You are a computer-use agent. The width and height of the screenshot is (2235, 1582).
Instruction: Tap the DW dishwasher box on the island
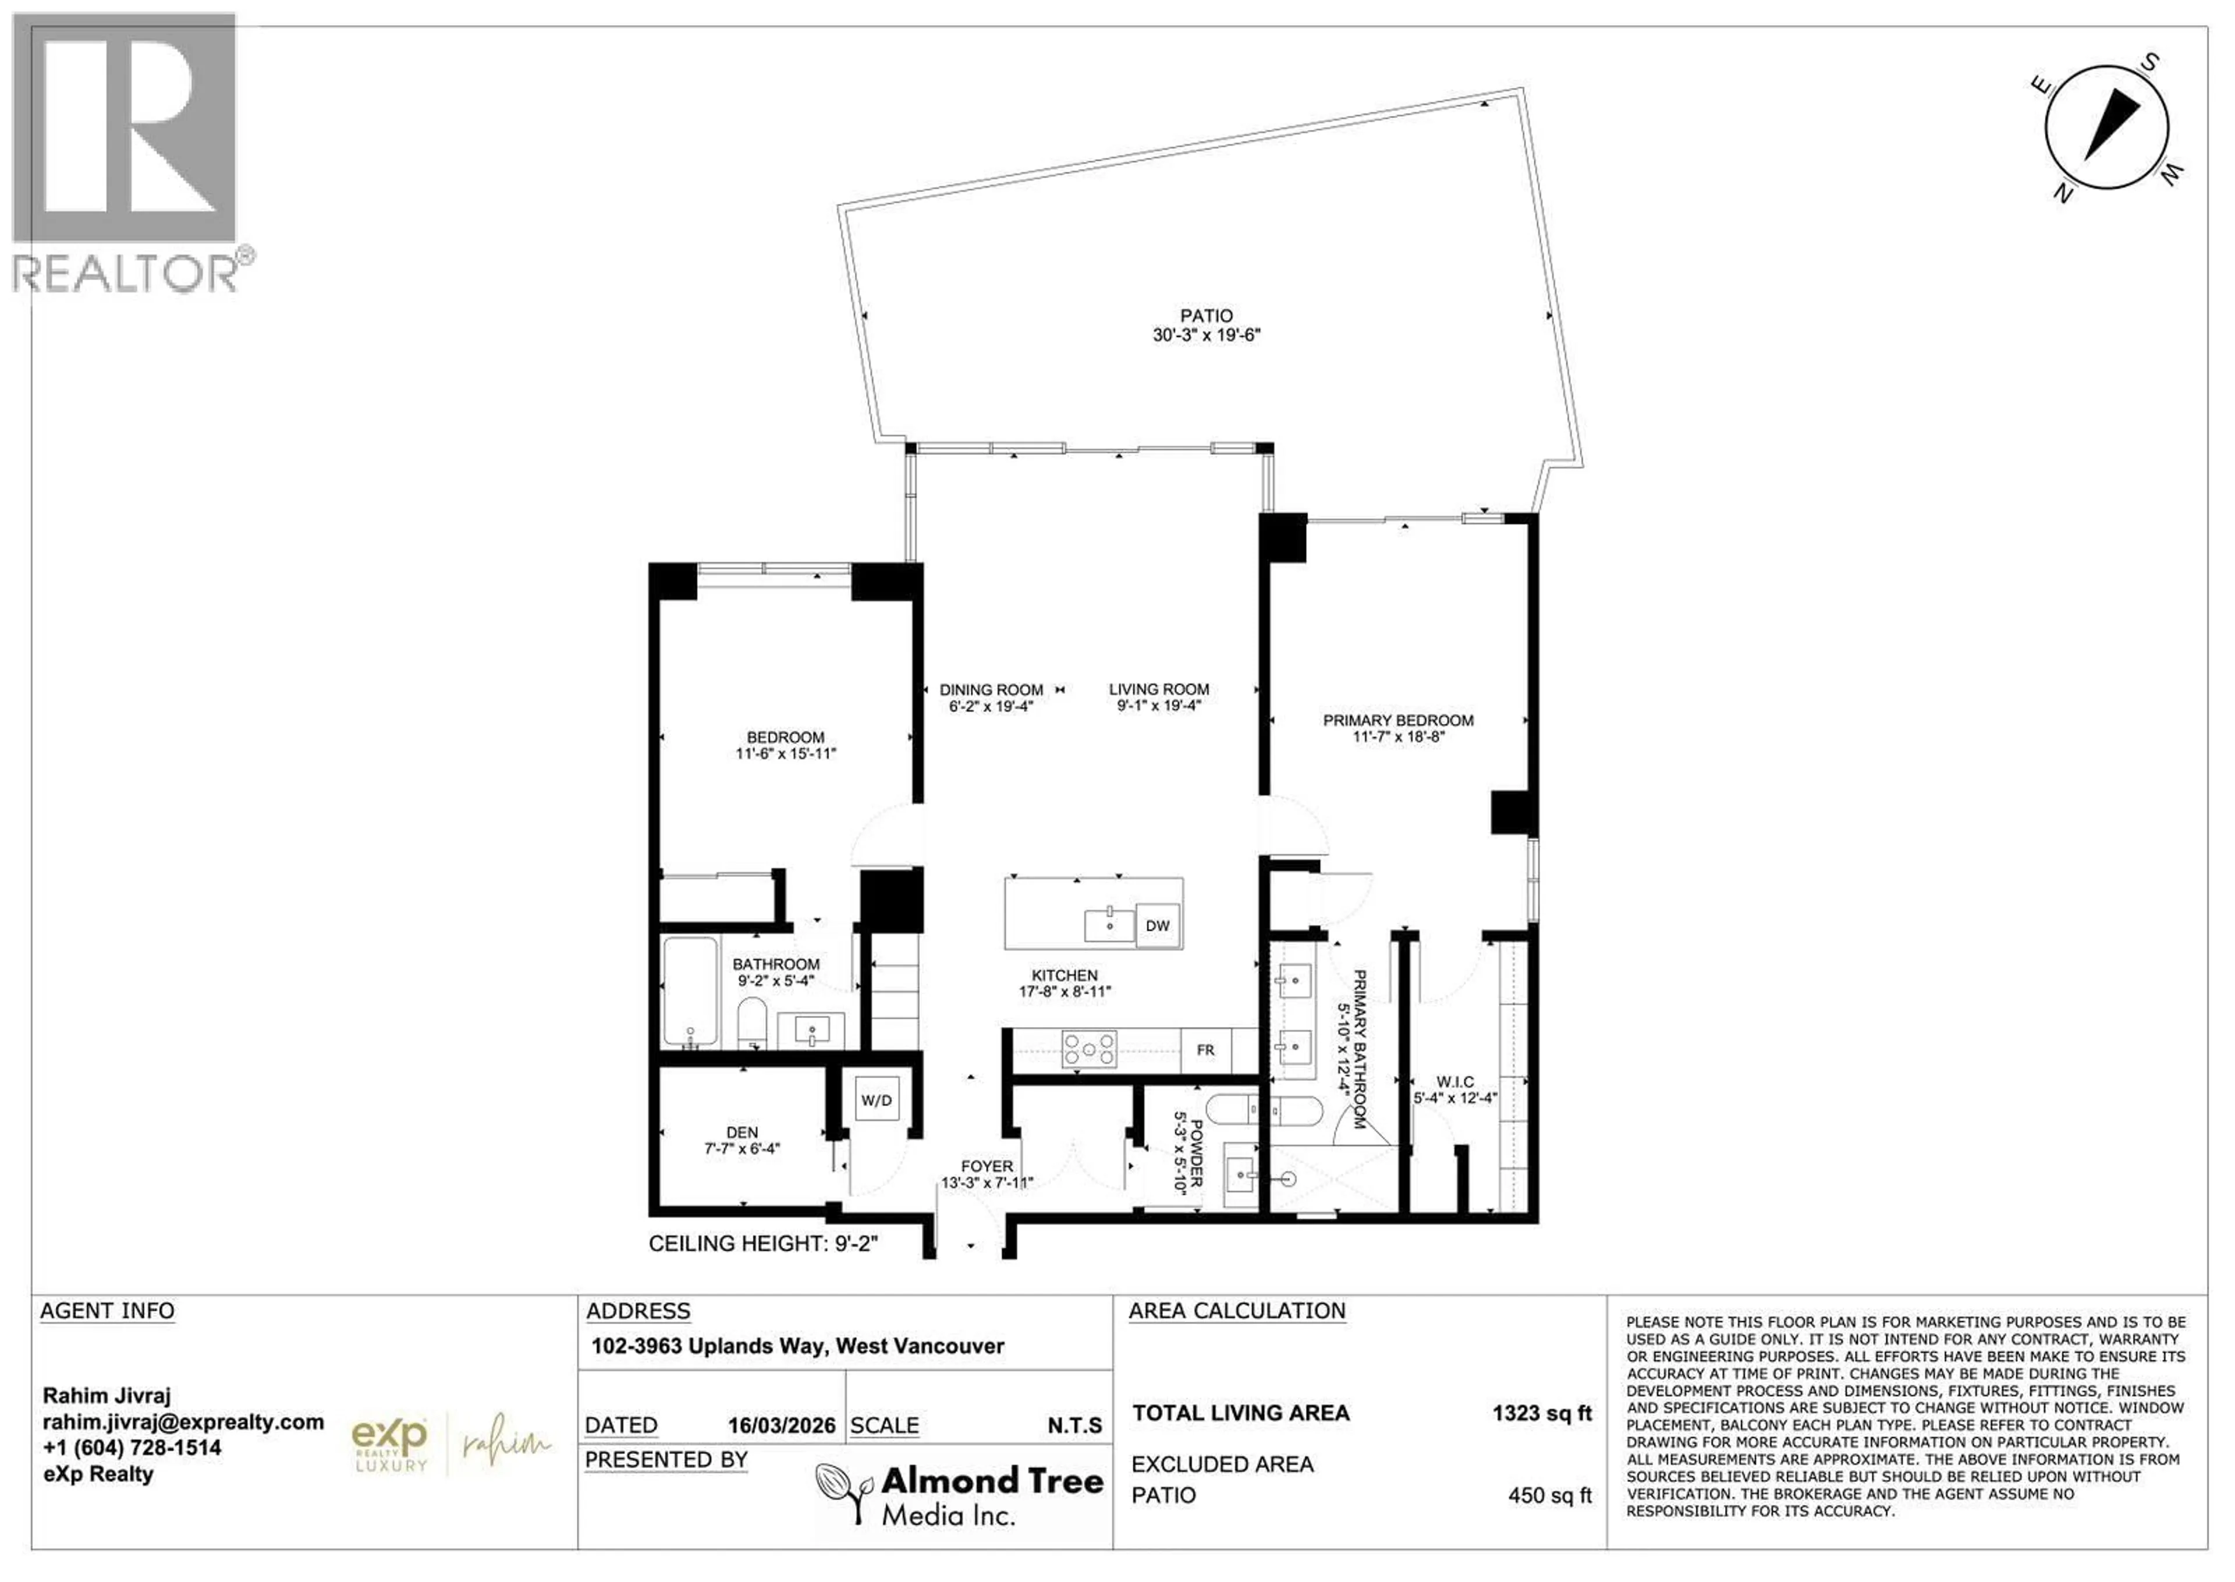tap(1157, 925)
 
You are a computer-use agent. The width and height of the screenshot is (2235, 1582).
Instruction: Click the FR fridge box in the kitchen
tap(1205, 1050)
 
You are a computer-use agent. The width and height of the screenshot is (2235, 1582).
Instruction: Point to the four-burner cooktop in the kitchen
tap(1089, 1049)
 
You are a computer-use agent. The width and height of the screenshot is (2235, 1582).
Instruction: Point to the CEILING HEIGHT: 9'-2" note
tap(764, 1244)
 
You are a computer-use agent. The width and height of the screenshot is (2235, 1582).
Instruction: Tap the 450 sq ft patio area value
tap(1549, 1495)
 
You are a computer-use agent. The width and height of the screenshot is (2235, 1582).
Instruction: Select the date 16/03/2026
tap(781, 1426)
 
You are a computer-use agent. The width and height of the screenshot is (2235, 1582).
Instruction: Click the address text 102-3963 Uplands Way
tap(797, 1346)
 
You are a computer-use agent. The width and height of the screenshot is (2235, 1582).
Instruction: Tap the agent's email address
tap(183, 1422)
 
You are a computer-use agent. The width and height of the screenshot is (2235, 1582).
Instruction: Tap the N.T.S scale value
tap(1074, 1426)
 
